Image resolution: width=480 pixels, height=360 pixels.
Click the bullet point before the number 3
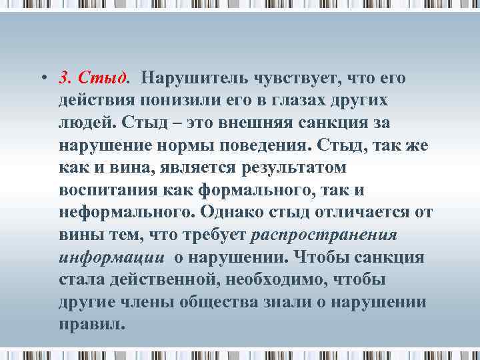(42, 79)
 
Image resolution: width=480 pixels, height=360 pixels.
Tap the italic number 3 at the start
(63, 79)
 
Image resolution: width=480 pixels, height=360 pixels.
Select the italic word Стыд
(102, 79)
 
